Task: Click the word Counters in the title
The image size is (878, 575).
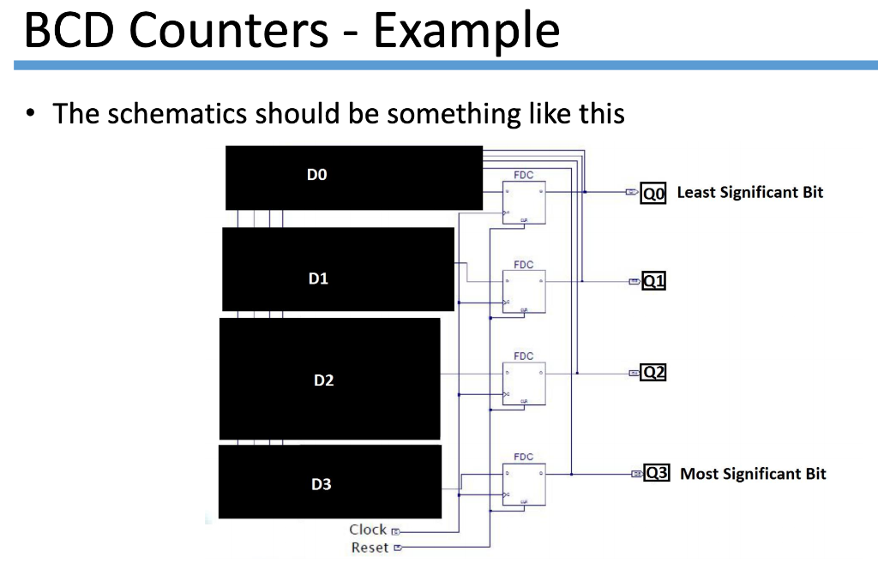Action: pyautogui.click(x=230, y=31)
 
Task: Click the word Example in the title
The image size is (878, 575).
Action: pyautogui.click(x=466, y=33)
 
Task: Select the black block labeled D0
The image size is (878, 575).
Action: pyautogui.click(x=353, y=177)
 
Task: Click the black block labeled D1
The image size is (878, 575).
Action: pyautogui.click(x=338, y=269)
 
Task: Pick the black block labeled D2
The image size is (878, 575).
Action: pyautogui.click(x=329, y=379)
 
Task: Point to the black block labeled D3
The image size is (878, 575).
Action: pyautogui.click(x=329, y=481)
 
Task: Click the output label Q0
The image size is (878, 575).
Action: pyautogui.click(x=653, y=194)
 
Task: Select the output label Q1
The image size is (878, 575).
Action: pyautogui.click(x=653, y=281)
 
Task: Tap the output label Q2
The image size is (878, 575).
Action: pyautogui.click(x=653, y=373)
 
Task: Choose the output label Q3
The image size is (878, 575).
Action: pyautogui.click(x=656, y=473)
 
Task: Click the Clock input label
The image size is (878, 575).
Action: pyautogui.click(x=368, y=530)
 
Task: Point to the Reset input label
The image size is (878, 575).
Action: pyautogui.click(x=370, y=548)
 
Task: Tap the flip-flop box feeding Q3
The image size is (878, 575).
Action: pyautogui.click(x=524, y=483)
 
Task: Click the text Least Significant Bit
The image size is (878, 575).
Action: pyautogui.click(x=749, y=193)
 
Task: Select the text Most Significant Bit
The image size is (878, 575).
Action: pyautogui.click(x=753, y=474)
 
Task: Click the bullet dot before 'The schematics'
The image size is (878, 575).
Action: pyautogui.click(x=32, y=113)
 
